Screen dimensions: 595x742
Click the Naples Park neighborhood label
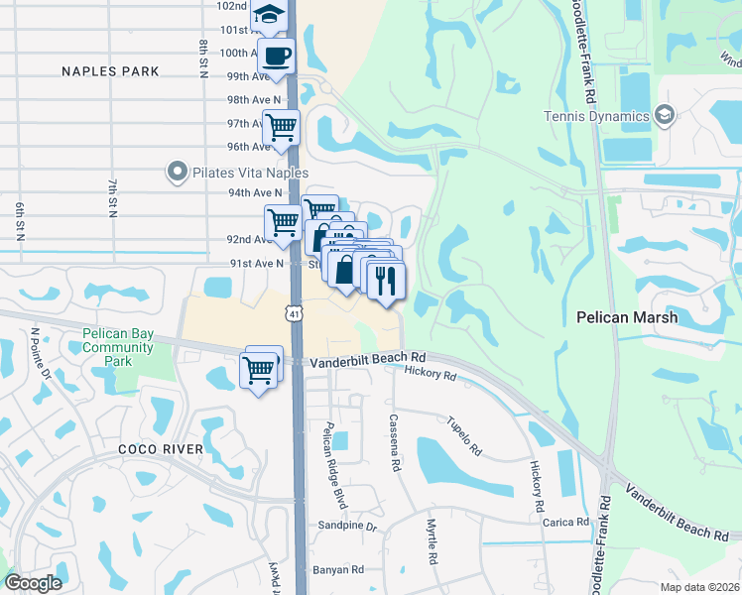(110, 71)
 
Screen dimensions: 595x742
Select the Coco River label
(161, 449)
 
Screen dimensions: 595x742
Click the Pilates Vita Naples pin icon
(178, 172)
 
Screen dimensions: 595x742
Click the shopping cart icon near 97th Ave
(281, 127)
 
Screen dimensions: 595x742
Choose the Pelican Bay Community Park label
(118, 347)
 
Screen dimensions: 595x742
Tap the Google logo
(33, 583)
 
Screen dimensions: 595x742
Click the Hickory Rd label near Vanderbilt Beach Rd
(431, 374)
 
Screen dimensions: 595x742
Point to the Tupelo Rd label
(464, 435)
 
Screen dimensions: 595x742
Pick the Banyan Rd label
(338, 569)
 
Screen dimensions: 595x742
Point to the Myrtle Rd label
(433, 541)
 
